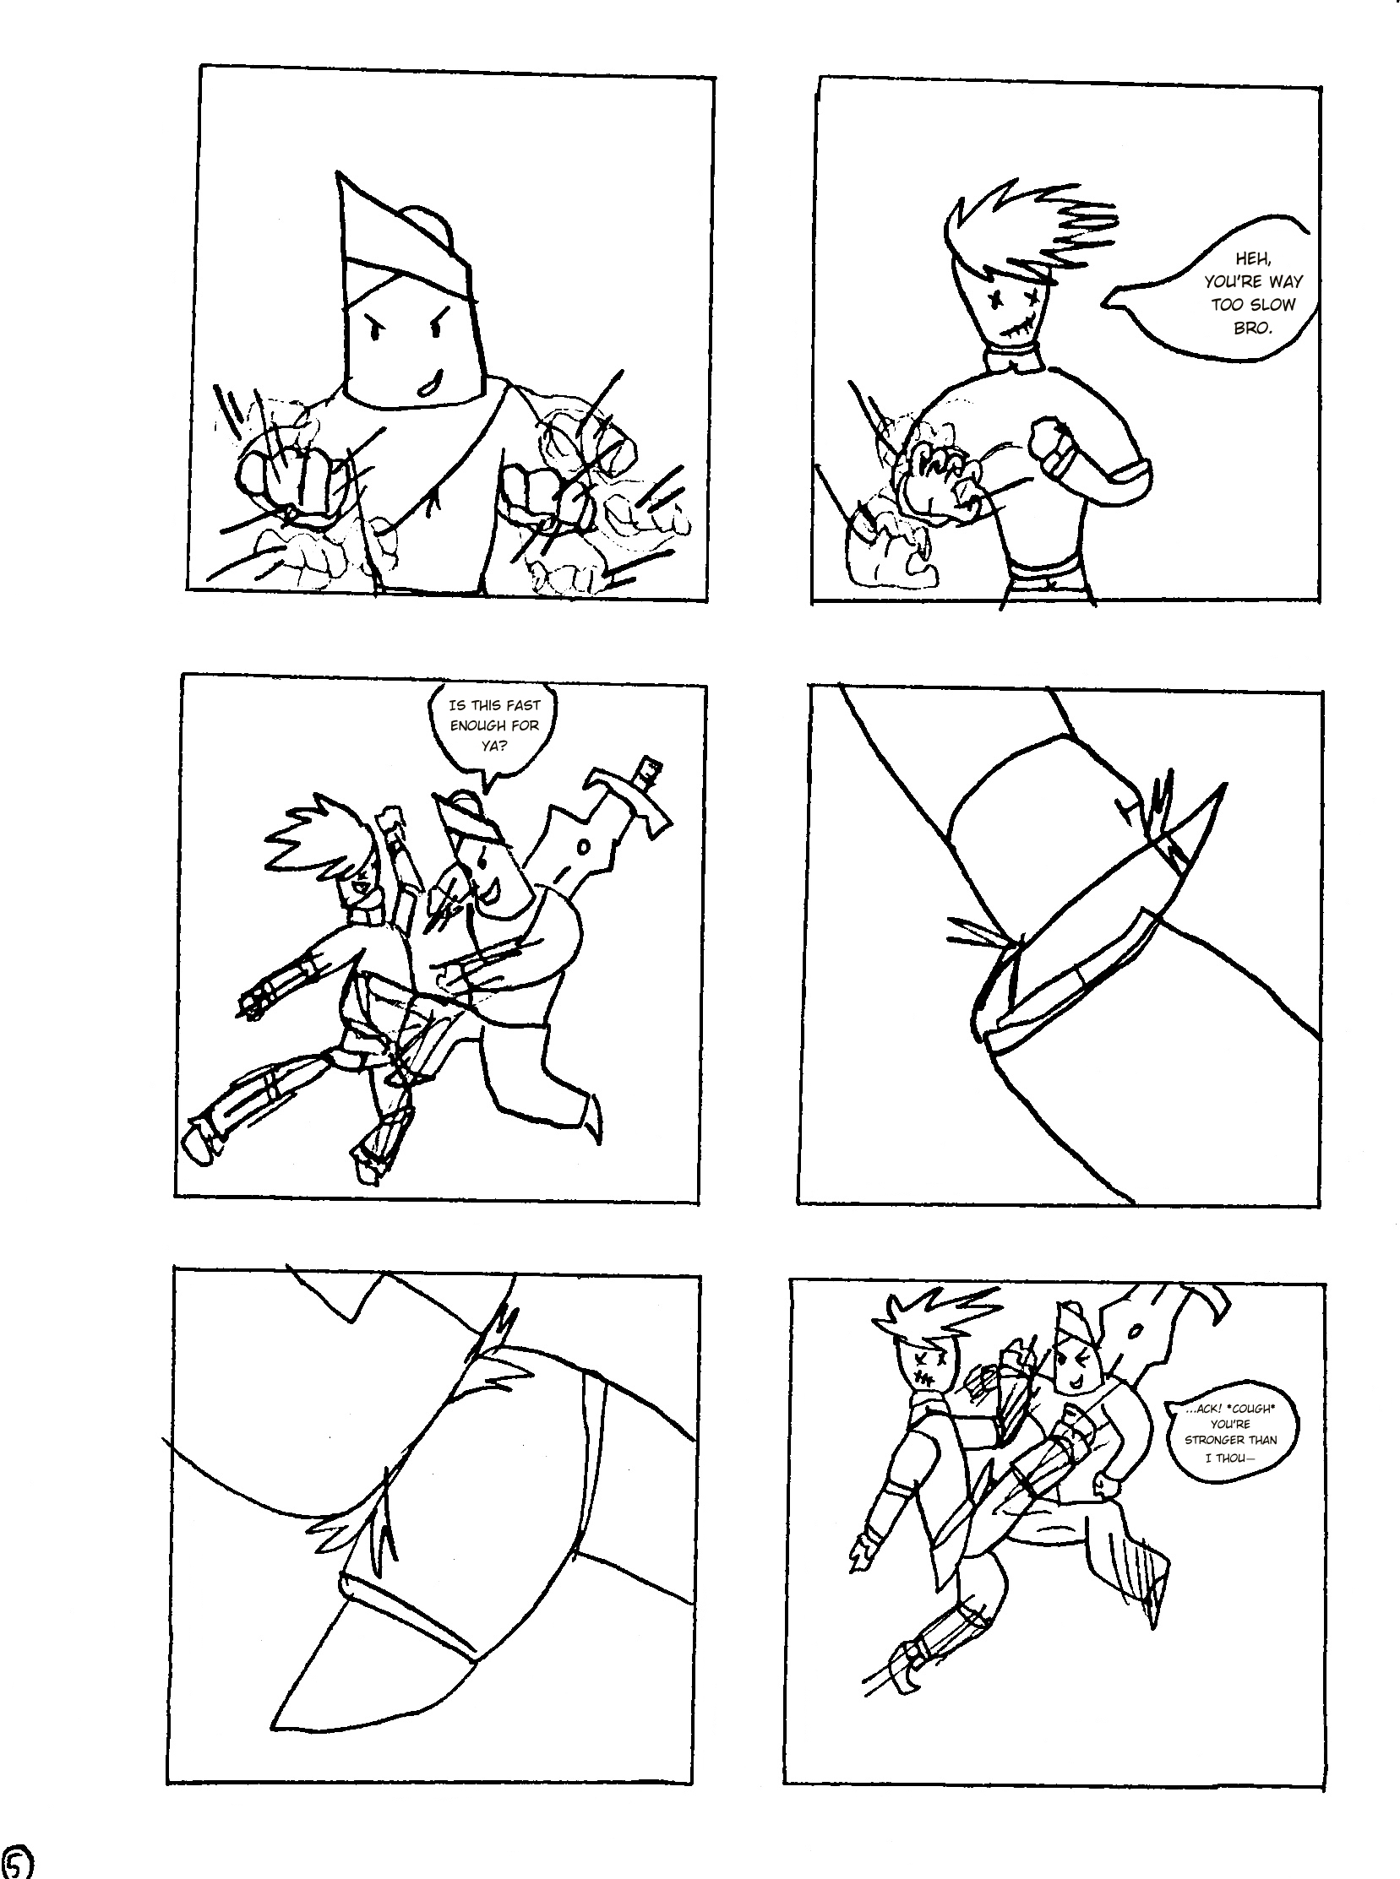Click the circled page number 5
17,1861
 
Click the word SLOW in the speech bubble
1272,304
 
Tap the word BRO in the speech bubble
1252,328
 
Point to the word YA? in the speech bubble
495,747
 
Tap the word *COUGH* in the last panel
1248,1409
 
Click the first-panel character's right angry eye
440,325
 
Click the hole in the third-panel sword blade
583,846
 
